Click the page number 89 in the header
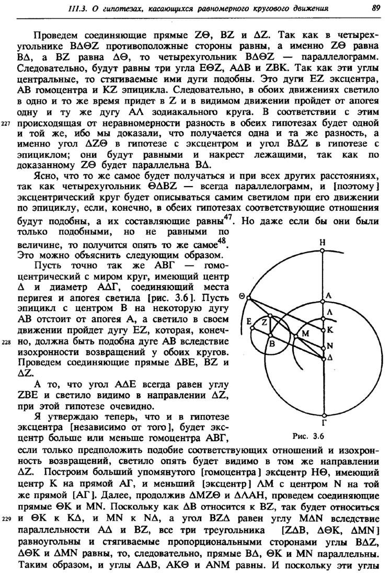tap(374, 8)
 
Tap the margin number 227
tap(6, 124)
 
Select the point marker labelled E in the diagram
tap(251, 328)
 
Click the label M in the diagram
tap(306, 332)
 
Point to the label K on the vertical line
tap(329, 330)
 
